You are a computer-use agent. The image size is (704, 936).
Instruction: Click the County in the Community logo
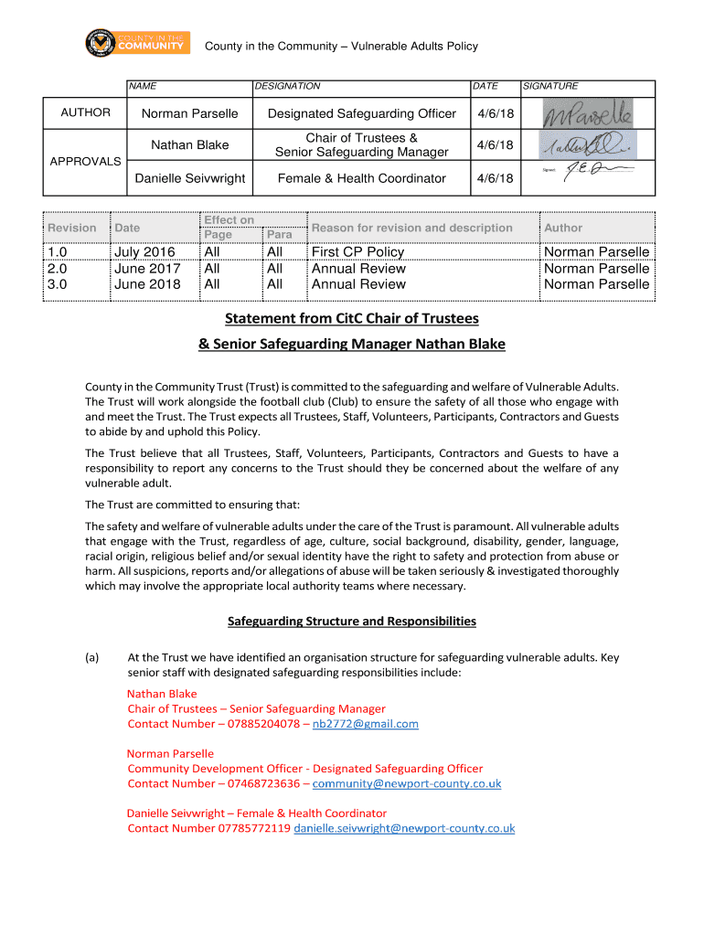(136, 43)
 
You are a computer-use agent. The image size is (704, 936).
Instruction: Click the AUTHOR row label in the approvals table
(85, 112)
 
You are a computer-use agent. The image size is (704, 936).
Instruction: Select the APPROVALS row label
(85, 161)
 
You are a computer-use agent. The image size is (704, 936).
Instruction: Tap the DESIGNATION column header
(287, 86)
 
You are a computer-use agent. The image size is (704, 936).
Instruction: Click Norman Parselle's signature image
(587, 114)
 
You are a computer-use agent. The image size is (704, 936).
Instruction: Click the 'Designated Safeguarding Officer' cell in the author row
(361, 113)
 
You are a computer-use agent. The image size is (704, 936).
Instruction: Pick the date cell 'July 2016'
(144, 252)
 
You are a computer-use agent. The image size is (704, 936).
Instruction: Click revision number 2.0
(59, 269)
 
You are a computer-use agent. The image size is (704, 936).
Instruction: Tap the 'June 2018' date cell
(147, 284)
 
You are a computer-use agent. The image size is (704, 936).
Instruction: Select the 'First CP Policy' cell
(357, 252)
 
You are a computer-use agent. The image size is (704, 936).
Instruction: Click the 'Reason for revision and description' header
(412, 228)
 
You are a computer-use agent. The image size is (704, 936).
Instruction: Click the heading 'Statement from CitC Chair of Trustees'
(352, 319)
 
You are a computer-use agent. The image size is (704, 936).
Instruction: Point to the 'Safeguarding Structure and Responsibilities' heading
(352, 621)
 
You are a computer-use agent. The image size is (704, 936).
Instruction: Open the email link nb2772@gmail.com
(366, 724)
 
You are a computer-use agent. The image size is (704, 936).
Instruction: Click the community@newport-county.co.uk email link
(407, 784)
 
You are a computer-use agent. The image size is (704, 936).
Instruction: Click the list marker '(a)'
(92, 657)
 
